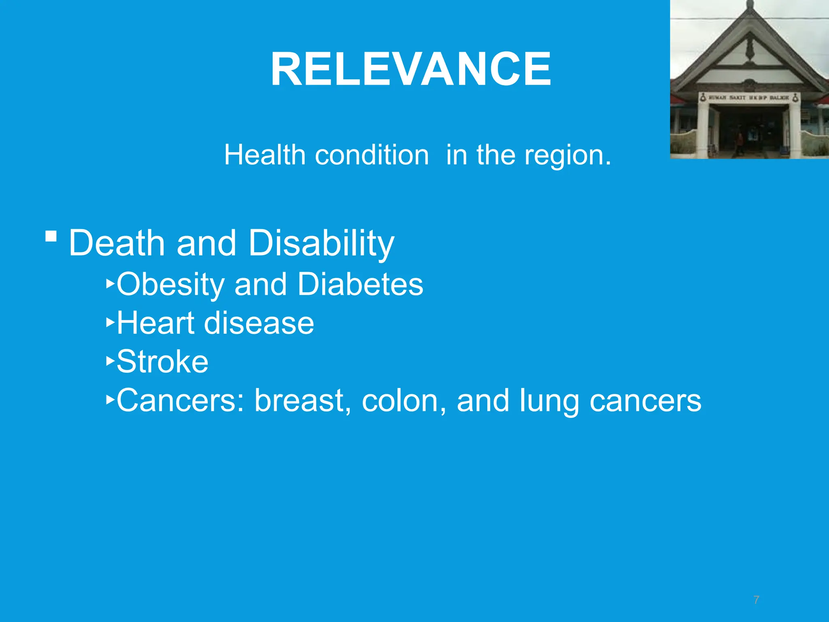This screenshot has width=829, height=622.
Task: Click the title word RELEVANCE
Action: click(410, 69)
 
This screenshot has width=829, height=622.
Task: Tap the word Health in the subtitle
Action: click(265, 155)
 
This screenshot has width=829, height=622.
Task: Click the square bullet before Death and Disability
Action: click(51, 236)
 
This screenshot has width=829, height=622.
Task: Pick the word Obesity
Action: click(170, 285)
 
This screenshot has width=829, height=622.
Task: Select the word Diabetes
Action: click(360, 284)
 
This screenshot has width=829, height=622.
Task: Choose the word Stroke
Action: click(162, 362)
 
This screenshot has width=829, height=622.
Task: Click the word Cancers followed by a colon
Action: click(180, 400)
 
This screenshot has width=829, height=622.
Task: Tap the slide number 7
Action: click(756, 600)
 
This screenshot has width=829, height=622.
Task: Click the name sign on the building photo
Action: click(749, 98)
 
